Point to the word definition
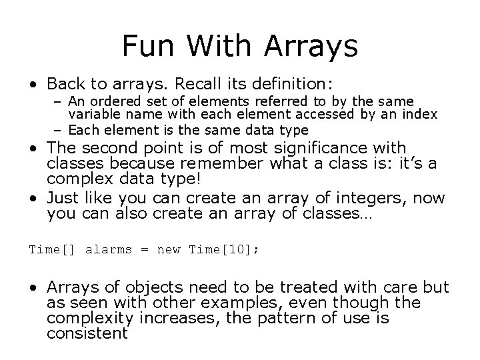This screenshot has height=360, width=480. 292,84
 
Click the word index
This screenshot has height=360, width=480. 421,115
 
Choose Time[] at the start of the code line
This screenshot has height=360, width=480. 53,249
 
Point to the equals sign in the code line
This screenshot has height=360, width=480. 144,249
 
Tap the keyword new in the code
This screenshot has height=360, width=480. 169,249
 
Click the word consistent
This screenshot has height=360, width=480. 87,333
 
